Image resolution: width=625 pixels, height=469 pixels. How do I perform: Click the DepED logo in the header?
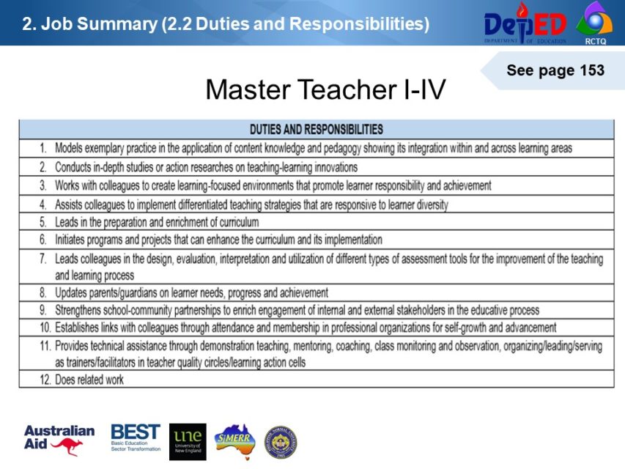click(x=525, y=23)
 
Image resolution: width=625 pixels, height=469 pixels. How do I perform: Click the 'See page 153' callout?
click(x=555, y=71)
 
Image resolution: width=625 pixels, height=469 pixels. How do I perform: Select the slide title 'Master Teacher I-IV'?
click(x=325, y=90)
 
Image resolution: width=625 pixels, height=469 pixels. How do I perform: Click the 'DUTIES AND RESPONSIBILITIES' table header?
click(x=316, y=130)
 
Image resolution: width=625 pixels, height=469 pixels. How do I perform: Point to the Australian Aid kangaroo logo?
click(x=59, y=440)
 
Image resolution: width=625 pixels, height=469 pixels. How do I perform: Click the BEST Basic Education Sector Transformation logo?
click(x=135, y=440)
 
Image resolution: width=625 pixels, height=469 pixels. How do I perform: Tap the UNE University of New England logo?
click(x=188, y=441)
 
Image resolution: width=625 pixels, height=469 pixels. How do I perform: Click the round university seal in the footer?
click(x=281, y=442)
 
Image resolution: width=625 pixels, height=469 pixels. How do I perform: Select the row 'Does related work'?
click(x=89, y=380)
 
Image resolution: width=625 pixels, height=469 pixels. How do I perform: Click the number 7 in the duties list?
click(x=43, y=259)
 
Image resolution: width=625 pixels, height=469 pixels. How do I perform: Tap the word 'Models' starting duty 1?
click(x=70, y=148)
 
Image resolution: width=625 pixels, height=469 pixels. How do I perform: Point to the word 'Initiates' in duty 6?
click(x=71, y=240)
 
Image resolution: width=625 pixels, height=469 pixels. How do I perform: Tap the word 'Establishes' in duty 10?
click(x=78, y=328)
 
